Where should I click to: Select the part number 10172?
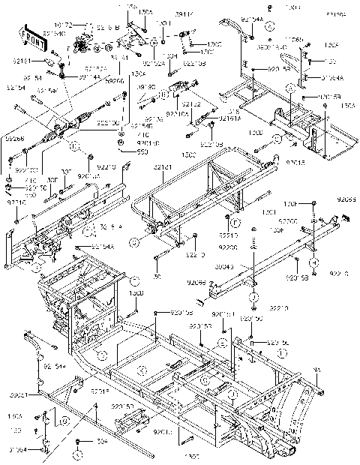63,25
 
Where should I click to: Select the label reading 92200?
228,246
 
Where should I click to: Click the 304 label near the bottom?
101,442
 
